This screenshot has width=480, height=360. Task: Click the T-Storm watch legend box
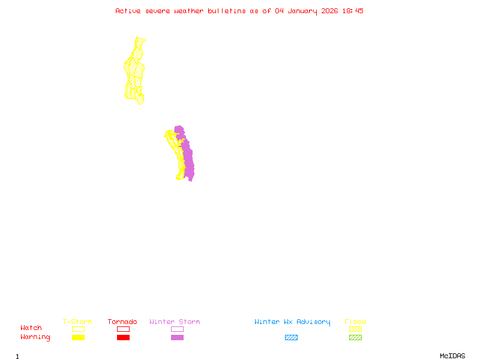(x=78, y=329)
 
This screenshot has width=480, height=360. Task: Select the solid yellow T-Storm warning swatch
(x=78, y=338)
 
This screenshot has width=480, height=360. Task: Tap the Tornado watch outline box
(x=123, y=329)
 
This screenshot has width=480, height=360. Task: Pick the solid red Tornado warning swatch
(x=123, y=338)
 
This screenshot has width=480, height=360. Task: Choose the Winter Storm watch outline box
(x=177, y=329)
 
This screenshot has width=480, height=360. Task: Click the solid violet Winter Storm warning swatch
(x=177, y=338)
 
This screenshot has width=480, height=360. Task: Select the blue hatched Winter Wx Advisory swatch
(x=291, y=338)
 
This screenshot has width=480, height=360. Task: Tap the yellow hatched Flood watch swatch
(x=355, y=329)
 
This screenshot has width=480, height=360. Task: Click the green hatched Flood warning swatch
(x=355, y=338)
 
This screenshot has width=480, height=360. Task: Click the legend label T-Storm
(x=77, y=322)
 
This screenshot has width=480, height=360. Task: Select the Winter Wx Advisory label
(x=292, y=322)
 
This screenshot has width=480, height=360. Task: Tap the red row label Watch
(x=31, y=328)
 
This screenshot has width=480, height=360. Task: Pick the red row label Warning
(x=35, y=337)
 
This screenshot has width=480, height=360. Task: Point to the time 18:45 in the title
(x=353, y=11)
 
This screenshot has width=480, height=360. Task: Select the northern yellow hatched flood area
(x=134, y=69)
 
